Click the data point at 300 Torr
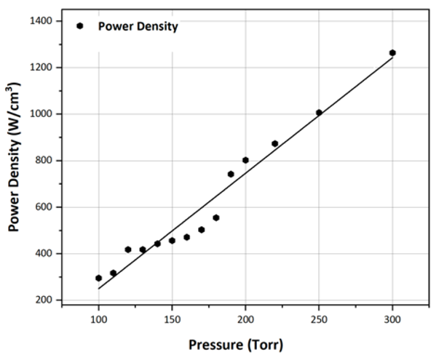[x=392, y=53]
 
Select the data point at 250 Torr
[x=319, y=113]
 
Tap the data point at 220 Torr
[x=274, y=143]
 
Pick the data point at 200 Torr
[x=245, y=160]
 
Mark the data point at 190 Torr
[x=231, y=174]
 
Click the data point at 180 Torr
[x=216, y=217]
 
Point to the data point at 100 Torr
[x=98, y=278]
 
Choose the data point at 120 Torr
[x=128, y=249]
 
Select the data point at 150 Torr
[x=172, y=240]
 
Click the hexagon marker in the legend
[x=80, y=26]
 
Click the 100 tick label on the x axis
[x=98, y=318]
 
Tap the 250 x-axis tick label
[x=319, y=318]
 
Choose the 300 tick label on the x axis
[x=392, y=318]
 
